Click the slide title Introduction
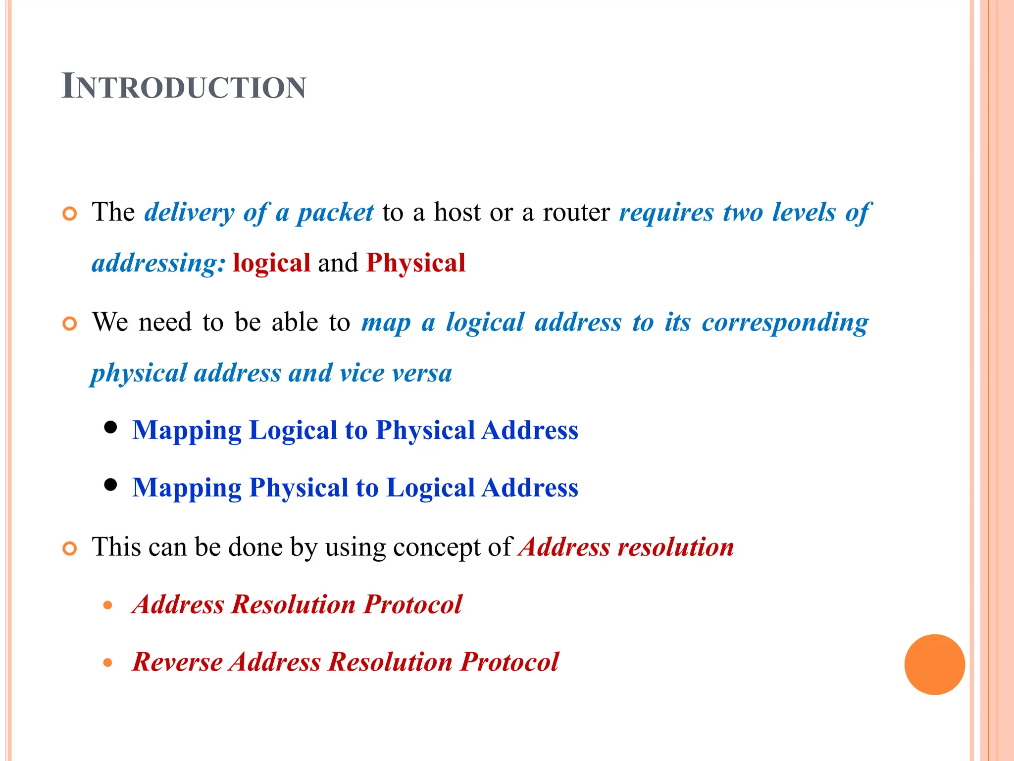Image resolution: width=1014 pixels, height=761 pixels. [184, 87]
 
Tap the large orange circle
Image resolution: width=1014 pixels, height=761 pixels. [934, 664]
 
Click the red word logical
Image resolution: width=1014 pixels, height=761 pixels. [271, 263]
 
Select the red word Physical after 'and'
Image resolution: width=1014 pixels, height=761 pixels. [416, 263]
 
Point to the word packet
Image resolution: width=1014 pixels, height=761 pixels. [335, 213]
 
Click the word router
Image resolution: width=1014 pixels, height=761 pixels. [576, 213]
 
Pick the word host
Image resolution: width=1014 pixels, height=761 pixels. [457, 213]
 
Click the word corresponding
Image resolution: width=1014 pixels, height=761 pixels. [785, 323]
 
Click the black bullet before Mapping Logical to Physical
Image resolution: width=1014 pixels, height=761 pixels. [111, 427]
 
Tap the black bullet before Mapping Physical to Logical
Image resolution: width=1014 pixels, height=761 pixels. [111, 485]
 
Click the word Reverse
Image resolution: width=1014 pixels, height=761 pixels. [177, 662]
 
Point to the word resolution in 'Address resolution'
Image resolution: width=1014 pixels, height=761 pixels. [676, 547]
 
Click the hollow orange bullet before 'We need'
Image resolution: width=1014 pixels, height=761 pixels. [70, 324]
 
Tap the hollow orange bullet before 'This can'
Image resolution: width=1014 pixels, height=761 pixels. [70, 549]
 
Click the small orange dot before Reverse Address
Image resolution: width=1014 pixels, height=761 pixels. [108, 663]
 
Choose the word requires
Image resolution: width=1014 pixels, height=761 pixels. [666, 213]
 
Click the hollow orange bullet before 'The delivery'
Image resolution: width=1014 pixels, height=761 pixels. [70, 214]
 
